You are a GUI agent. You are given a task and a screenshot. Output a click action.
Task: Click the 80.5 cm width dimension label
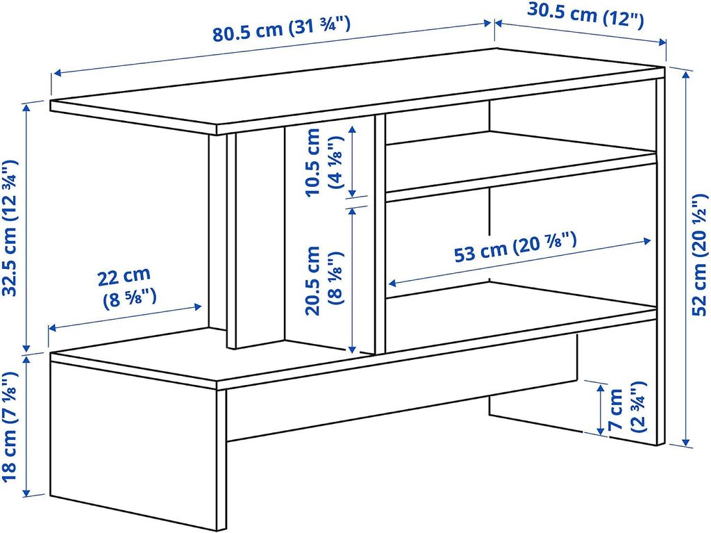coord(281,28)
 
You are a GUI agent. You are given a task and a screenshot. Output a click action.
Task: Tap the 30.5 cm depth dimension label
coord(585,15)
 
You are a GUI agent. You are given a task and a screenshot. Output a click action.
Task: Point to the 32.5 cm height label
coord(10,227)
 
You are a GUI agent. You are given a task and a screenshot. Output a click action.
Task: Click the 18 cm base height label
coord(10,427)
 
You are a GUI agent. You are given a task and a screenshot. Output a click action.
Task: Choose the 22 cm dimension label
coord(124,276)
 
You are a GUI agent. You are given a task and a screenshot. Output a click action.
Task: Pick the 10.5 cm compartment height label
coord(313,162)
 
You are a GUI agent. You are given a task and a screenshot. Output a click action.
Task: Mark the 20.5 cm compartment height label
coord(313,281)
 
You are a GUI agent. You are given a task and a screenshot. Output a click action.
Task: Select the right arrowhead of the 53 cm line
coord(648,241)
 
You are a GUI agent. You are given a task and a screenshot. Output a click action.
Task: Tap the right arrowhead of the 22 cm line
coord(198,307)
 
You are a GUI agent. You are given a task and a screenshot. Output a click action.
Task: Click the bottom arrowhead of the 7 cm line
coord(601,430)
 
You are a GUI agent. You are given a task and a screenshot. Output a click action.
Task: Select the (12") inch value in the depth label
coord(623,19)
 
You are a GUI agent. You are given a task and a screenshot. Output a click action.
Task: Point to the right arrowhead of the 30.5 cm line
coord(662,42)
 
